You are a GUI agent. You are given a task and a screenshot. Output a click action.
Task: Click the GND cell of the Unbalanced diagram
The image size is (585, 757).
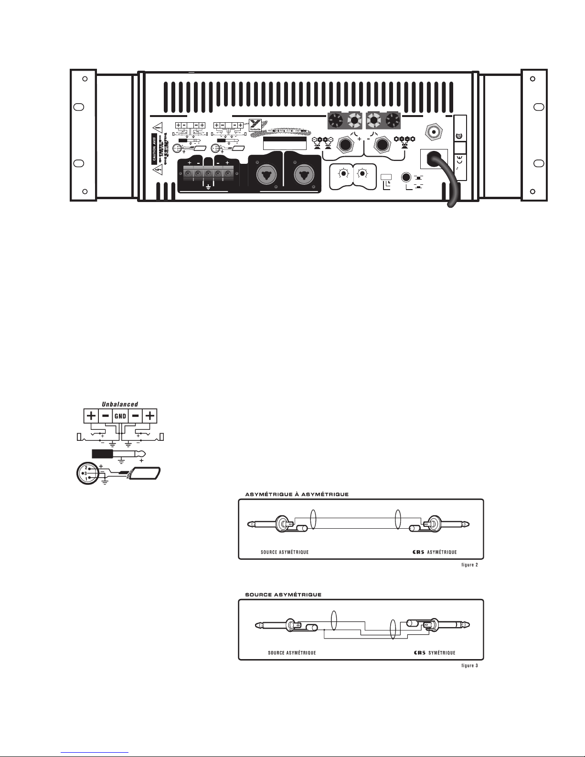point(120,416)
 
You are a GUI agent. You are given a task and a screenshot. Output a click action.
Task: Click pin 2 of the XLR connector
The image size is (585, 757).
point(86,467)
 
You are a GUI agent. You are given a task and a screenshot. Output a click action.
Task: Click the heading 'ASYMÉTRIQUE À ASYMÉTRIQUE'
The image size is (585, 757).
point(297,494)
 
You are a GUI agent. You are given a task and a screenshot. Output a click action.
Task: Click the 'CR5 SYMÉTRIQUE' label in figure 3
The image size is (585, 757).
point(434,653)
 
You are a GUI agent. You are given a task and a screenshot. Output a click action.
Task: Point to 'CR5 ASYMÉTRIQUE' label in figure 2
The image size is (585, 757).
point(434,552)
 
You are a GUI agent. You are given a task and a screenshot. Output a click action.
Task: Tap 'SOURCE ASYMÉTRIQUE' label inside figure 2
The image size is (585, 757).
point(285,552)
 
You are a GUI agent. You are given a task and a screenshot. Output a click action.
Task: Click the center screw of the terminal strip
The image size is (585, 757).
point(208,173)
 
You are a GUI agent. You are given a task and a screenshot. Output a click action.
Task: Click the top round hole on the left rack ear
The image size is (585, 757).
point(85,79)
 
